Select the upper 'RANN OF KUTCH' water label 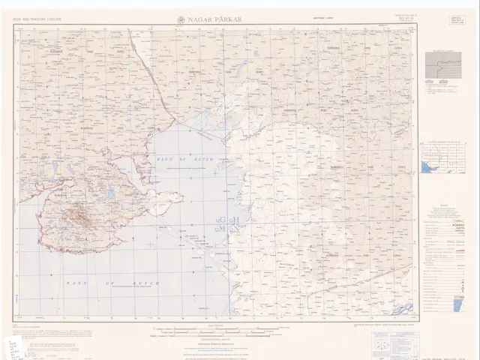(184, 160)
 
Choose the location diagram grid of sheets (442, 161)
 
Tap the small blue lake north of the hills (111, 193)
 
